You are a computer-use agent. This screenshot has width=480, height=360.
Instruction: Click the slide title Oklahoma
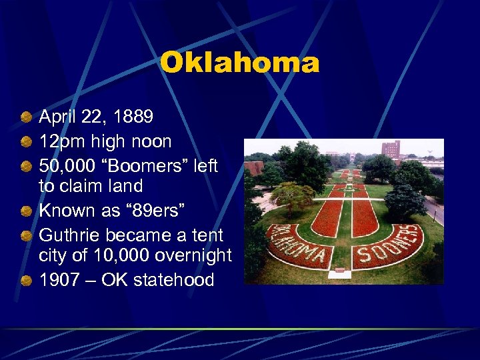pyautogui.click(x=239, y=63)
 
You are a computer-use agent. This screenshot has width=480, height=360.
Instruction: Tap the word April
pyautogui.click(x=57, y=117)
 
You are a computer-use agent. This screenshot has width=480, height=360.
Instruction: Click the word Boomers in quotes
pyautogui.click(x=139, y=165)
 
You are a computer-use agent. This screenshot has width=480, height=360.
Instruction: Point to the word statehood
pyautogui.click(x=173, y=279)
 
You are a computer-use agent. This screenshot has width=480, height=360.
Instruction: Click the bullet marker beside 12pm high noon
pyautogui.click(x=25, y=142)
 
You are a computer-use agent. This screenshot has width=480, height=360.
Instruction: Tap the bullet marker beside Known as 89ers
pyautogui.click(x=25, y=211)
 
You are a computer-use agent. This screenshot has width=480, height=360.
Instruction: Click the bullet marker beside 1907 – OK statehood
pyautogui.click(x=25, y=280)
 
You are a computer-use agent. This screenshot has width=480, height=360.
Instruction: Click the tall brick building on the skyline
pyautogui.click(x=390, y=149)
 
